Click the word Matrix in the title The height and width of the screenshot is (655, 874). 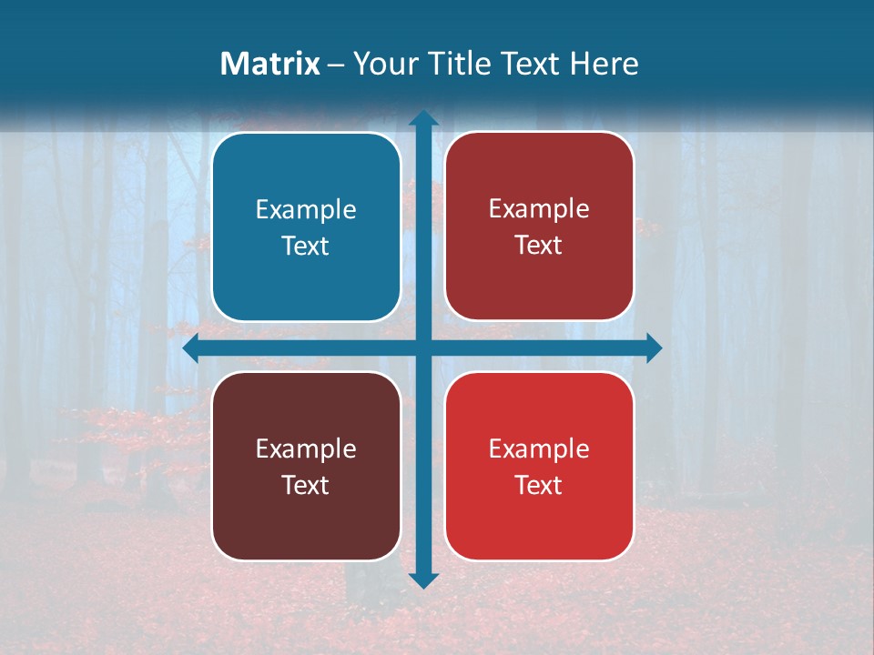(270, 64)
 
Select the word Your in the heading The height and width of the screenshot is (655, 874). (381, 64)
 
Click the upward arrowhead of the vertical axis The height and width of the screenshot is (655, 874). (423, 117)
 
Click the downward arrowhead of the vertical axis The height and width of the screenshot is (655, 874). (423, 579)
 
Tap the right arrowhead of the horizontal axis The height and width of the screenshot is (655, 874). (653, 348)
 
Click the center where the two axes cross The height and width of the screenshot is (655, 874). (423, 348)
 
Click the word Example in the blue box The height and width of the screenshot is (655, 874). (306, 210)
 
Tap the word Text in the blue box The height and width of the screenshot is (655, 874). (306, 247)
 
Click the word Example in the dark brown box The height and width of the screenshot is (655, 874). (306, 449)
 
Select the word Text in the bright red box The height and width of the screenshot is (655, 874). (539, 486)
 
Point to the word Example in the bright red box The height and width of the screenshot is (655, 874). (539, 449)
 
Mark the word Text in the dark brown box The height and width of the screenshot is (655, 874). (306, 486)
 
